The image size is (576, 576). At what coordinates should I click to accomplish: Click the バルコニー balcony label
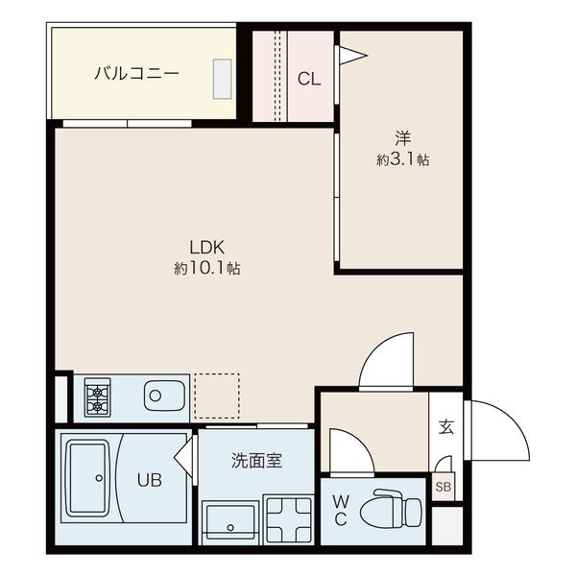(x=136, y=74)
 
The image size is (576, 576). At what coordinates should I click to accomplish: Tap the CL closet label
(x=309, y=79)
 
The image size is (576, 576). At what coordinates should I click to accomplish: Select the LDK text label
(x=206, y=248)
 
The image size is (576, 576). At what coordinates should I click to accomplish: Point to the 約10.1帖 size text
(x=207, y=268)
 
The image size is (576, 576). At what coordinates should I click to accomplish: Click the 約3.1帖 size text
(x=402, y=159)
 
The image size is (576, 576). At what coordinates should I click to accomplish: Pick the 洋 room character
(x=402, y=139)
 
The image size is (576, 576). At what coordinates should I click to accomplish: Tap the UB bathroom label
(x=150, y=480)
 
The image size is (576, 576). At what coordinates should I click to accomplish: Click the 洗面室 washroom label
(x=256, y=461)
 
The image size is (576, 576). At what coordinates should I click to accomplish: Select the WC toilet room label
(x=341, y=511)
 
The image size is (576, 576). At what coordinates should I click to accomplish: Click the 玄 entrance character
(x=446, y=427)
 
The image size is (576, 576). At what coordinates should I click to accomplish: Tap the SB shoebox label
(x=443, y=487)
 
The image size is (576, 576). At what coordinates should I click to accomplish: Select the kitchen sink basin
(x=164, y=396)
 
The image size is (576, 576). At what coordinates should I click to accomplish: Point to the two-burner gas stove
(x=97, y=397)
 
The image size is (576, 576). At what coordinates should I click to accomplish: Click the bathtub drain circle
(x=99, y=478)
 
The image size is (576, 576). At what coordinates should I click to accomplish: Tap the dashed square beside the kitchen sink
(x=217, y=396)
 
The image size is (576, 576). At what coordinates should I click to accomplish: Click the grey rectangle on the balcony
(x=223, y=79)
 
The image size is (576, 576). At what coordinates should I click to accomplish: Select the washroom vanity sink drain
(x=230, y=528)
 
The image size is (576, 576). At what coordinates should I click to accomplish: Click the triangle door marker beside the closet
(x=351, y=56)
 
